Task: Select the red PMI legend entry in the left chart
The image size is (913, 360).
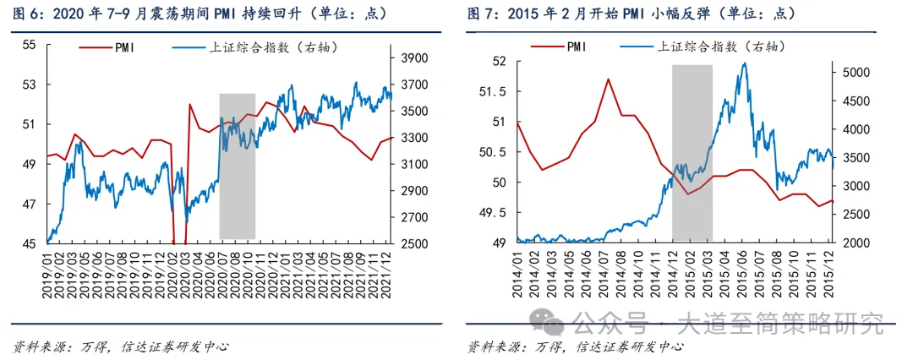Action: coord(114,49)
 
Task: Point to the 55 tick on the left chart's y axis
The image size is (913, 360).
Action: coord(29,44)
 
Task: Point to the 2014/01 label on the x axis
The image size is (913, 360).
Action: coord(517,270)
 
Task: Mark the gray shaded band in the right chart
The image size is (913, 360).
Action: coord(692,152)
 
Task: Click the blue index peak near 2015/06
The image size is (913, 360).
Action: coord(743,63)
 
